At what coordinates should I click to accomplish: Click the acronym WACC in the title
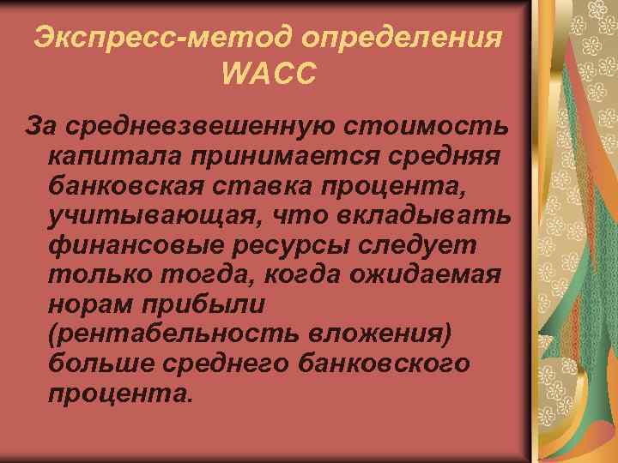coord(269,75)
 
